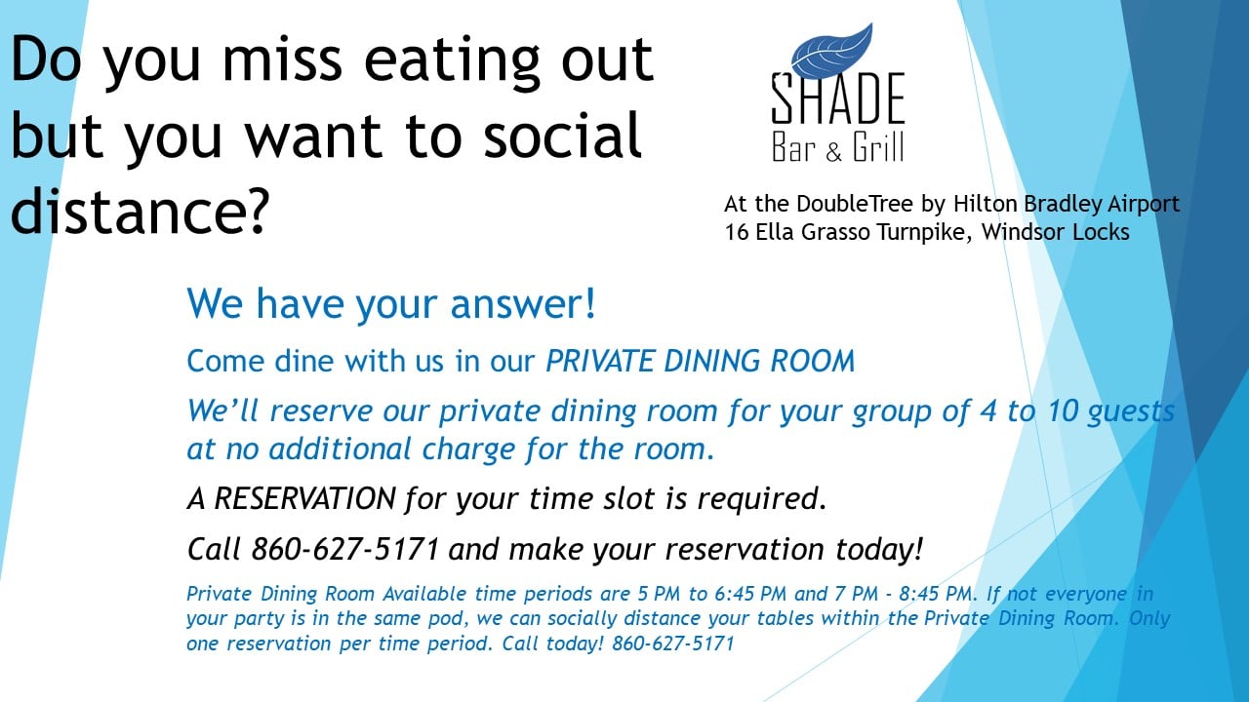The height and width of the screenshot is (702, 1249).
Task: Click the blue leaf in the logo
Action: pyautogui.click(x=832, y=52)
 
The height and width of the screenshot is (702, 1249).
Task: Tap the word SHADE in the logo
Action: pyautogui.click(x=837, y=99)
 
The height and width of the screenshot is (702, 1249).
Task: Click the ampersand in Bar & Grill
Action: pyautogui.click(x=833, y=151)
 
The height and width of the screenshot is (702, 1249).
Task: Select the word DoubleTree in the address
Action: pyautogui.click(x=855, y=204)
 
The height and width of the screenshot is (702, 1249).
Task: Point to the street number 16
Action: pyautogui.click(x=737, y=232)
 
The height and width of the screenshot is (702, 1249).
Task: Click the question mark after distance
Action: pyautogui.click(x=257, y=212)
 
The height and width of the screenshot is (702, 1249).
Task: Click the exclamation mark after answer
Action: pyautogui.click(x=590, y=303)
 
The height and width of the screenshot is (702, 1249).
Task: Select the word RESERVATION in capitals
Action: pyautogui.click(x=305, y=498)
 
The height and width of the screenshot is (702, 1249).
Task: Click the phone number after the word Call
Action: pyautogui.click(x=345, y=549)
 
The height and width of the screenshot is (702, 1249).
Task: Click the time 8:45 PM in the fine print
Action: pyautogui.click(x=935, y=594)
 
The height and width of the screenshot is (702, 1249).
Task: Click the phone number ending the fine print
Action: pyautogui.click(x=673, y=643)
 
